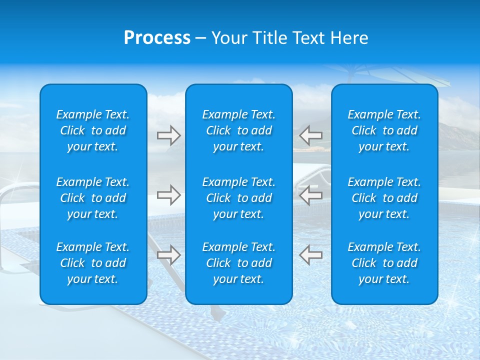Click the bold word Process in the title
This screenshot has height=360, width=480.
tap(157, 38)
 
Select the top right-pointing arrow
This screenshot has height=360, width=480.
tap(169, 135)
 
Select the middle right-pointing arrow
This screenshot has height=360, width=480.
tap(169, 195)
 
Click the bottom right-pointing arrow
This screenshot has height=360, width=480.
tap(169, 255)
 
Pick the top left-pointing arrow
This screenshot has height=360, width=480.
tap(310, 135)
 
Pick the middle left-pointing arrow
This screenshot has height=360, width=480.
tap(310, 195)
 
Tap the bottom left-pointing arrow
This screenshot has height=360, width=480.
tap(310, 255)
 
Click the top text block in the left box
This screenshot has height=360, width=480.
tap(93, 130)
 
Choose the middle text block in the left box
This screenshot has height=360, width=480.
tap(93, 198)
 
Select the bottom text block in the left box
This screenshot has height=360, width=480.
tap(93, 263)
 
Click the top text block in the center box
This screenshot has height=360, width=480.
tap(238, 130)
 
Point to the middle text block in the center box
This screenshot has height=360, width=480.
tap(238, 198)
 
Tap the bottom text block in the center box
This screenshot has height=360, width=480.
tap(238, 263)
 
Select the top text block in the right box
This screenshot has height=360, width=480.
tap(384, 130)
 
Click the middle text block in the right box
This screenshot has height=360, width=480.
tap(384, 198)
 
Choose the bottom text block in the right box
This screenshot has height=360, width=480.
tap(384, 263)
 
